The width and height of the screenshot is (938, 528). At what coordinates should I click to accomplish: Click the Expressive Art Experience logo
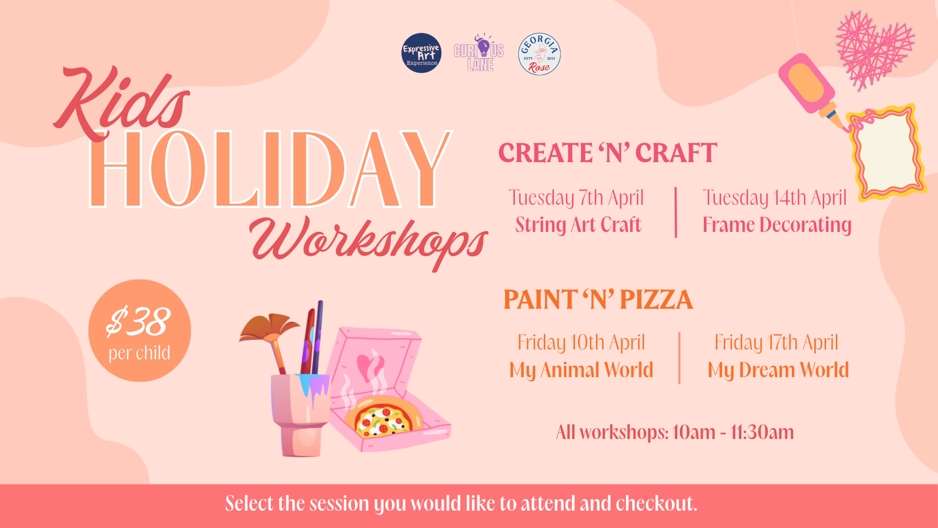421,53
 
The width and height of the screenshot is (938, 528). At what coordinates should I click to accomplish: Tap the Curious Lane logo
479,52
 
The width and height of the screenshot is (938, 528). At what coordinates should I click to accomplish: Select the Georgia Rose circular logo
539,54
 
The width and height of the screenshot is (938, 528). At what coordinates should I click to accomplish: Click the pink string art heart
874,50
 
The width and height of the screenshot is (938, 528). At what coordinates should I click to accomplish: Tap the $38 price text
138,322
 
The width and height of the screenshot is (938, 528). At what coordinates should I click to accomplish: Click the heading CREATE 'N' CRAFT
608,153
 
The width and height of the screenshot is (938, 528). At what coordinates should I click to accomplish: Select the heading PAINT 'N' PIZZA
598,299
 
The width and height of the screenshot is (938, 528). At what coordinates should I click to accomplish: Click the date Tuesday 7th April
576,198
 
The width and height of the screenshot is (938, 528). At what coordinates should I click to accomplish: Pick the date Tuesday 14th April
774,198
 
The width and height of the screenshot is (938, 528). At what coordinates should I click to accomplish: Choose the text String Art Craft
578,225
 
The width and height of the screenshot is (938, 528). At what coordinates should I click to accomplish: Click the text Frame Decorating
777,225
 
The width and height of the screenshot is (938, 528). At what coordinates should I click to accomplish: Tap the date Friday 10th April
581,343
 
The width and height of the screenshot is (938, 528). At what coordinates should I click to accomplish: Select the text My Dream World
778,371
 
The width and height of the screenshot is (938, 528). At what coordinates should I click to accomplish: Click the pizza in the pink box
383,416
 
